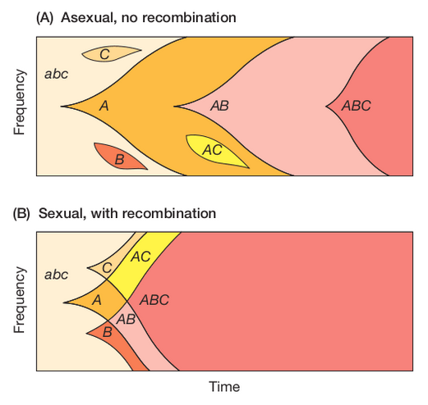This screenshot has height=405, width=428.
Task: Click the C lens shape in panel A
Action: [111, 53]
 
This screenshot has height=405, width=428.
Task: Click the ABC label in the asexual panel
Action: [356, 106]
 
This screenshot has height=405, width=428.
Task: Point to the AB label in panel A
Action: [219, 106]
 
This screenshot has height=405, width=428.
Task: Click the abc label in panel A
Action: [56, 74]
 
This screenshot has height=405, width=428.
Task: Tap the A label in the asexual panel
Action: [104, 106]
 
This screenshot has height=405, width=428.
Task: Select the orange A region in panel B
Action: [100, 301]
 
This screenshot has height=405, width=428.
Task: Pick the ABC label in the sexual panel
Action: [154, 300]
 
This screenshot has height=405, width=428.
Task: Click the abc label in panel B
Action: [56, 275]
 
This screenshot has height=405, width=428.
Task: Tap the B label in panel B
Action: [108, 332]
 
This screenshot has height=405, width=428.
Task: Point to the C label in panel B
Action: [107, 268]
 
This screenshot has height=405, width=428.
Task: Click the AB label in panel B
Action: [126, 319]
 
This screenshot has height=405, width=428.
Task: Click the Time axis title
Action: [224, 387]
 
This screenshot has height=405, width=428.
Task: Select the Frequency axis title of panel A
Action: [20, 102]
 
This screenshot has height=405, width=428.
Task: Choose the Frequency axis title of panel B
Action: [20, 300]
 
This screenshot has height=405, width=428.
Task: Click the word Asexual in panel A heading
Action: [90, 18]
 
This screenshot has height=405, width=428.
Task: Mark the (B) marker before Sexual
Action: [21, 213]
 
